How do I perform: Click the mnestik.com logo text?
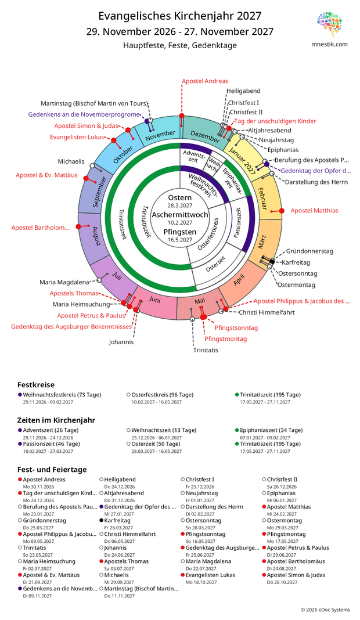330,44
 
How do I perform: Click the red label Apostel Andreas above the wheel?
205,81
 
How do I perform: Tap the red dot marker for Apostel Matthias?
282,211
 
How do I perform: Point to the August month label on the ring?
96,236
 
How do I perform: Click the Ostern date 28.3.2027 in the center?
180,206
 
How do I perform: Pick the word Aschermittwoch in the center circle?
180,215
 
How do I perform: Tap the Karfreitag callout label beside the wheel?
296,262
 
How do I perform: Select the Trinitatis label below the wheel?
206,350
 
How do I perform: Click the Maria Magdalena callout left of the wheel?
64,282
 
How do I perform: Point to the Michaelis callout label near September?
71,161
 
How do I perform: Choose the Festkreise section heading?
36,385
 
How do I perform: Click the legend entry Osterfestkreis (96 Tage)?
163,395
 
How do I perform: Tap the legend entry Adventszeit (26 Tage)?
51,430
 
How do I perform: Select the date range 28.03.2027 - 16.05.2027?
157,451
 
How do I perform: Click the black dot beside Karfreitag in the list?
102,520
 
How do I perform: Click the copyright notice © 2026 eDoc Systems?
325,610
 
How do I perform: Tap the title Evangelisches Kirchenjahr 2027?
180,16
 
